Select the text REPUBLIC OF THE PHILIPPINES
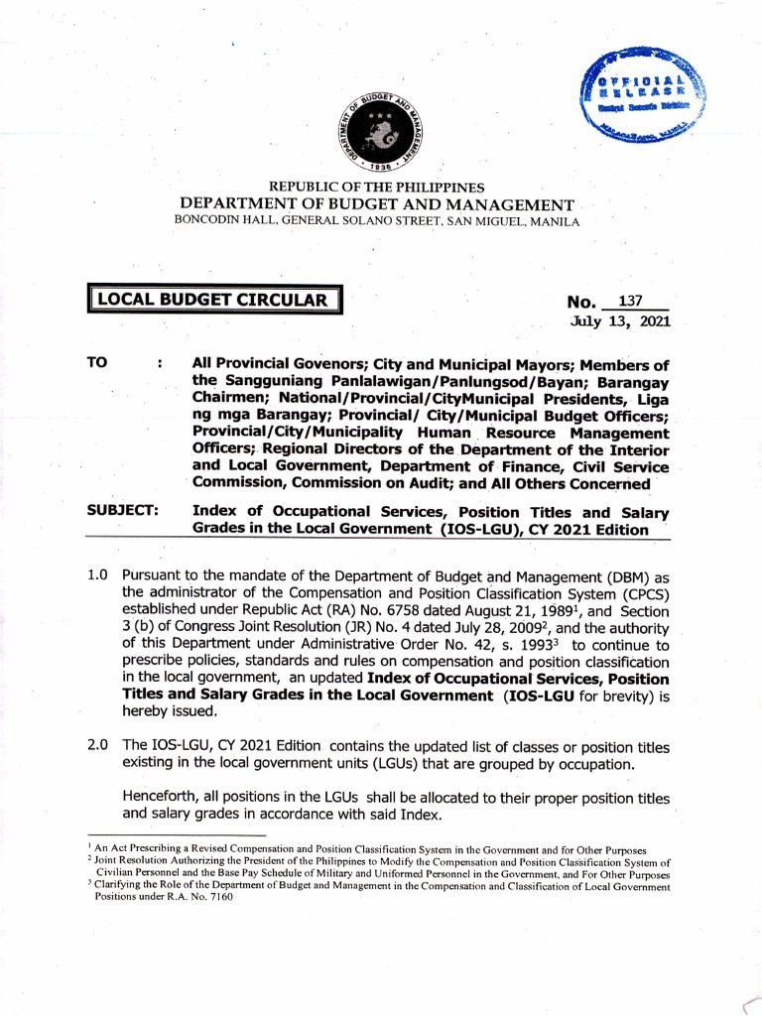(381, 187)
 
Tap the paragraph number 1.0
(96, 576)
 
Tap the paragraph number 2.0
(96, 746)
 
